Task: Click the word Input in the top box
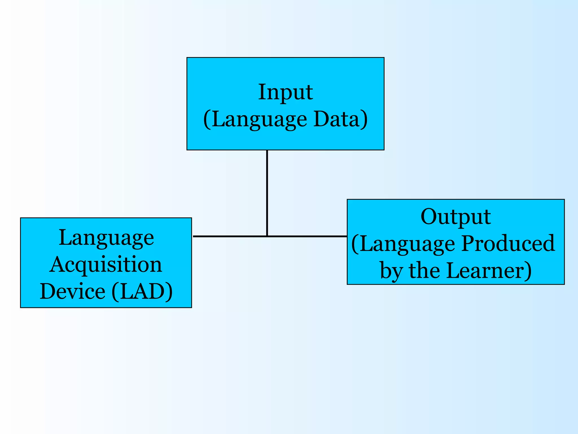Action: [x=285, y=92]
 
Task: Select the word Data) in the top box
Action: [x=341, y=119]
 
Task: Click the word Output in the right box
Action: [x=456, y=217]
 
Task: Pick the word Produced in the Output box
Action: [x=508, y=244]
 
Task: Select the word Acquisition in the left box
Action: [x=106, y=265]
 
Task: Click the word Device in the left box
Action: [x=73, y=291]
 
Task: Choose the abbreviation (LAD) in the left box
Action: [x=142, y=291]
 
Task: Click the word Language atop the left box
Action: [x=106, y=238]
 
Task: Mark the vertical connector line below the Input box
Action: [x=267, y=192]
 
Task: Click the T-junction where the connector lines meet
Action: [x=267, y=236]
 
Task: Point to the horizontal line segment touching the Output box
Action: [x=308, y=236]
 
